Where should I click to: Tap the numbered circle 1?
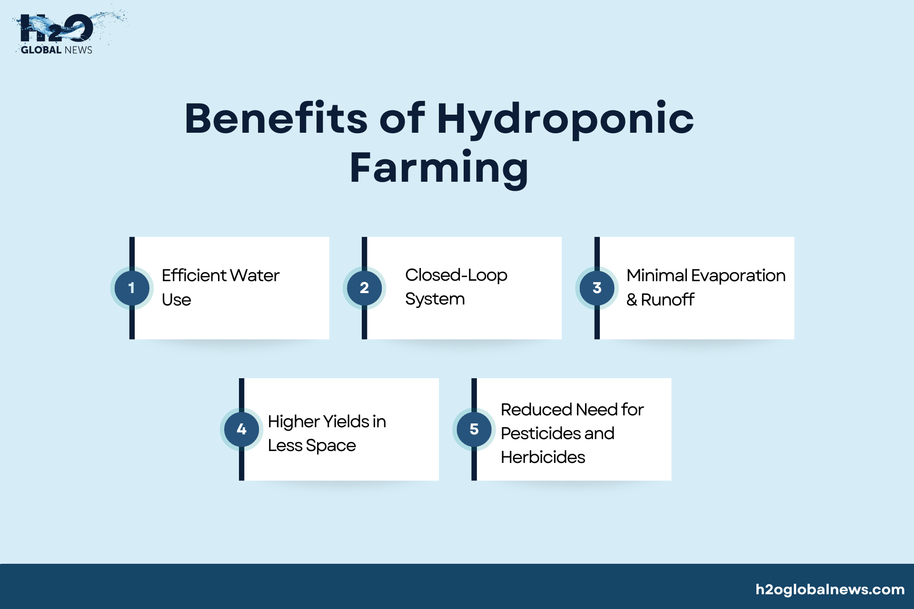(x=132, y=288)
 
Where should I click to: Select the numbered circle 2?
(x=364, y=288)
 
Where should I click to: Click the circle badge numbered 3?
(x=597, y=288)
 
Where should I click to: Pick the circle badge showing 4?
(x=241, y=429)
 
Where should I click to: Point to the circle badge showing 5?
(x=474, y=429)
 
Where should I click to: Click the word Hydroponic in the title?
(x=566, y=119)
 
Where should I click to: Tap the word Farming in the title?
(x=439, y=169)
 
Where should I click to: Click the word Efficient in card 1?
(x=194, y=275)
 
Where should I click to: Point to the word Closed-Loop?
(x=456, y=275)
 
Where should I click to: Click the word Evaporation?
(x=738, y=276)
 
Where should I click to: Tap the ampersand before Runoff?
(x=632, y=300)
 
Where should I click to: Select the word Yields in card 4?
(x=346, y=422)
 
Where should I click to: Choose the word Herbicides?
(x=543, y=457)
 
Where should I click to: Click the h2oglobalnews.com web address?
(x=830, y=590)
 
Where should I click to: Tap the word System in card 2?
(x=435, y=300)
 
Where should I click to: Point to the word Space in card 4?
(x=331, y=446)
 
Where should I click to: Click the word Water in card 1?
(x=255, y=275)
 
